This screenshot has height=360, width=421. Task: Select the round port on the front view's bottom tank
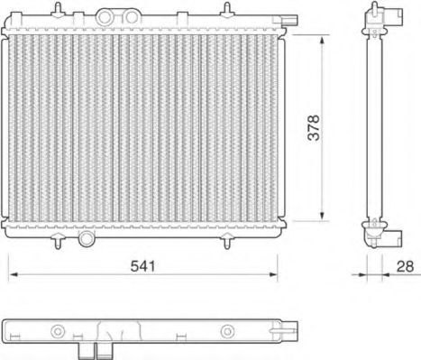(87, 239)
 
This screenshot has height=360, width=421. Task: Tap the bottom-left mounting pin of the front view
(59, 240)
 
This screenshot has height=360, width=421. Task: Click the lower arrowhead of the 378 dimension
(323, 216)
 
